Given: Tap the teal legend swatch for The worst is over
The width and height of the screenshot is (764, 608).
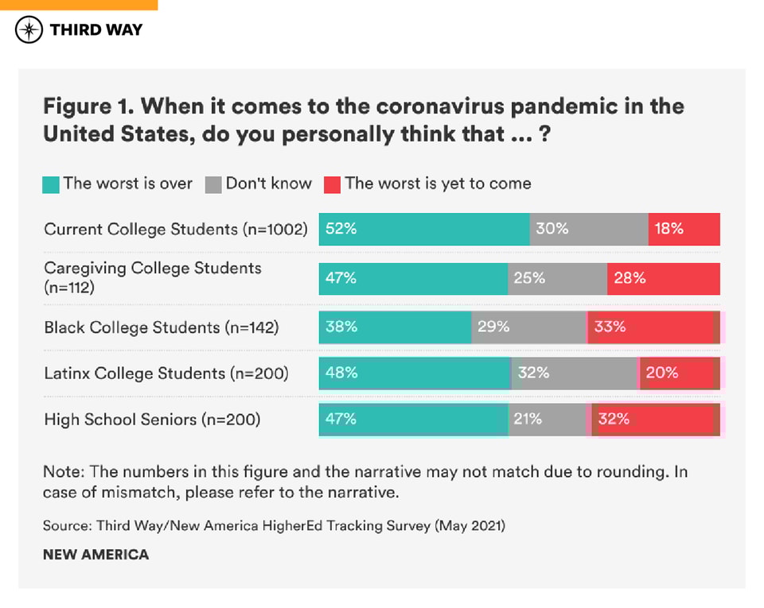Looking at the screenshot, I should coord(52,184).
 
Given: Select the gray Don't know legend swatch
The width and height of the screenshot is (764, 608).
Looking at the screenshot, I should coord(213,184).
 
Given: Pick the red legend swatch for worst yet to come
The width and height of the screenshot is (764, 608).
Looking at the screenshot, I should coord(333,184).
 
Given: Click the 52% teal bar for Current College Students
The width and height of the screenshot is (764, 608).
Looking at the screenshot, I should coord(424,229).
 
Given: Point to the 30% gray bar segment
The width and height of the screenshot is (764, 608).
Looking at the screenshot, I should coord(589,229).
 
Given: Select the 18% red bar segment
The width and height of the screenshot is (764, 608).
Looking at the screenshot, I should coord(684,229).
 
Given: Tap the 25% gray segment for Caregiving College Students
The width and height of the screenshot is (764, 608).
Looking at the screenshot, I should coord(557,279).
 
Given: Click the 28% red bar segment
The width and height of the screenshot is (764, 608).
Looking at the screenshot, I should coord(664,279).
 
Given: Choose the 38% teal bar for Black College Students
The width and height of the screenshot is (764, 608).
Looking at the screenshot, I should coord(395,327).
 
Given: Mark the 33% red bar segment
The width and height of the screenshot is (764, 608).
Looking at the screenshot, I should coord(653,327).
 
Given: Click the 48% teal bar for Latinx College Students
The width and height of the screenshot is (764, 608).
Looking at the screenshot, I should coord(415,373).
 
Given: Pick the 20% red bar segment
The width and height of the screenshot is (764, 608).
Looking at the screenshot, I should coord(680,373).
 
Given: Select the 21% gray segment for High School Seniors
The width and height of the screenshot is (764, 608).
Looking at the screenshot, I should coord(548,420).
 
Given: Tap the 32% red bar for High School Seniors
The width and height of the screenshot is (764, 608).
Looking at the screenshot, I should coord(654,420).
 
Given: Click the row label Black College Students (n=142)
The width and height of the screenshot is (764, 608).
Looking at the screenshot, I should coord(162,327).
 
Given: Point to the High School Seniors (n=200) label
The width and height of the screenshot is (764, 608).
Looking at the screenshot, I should coord(152,420).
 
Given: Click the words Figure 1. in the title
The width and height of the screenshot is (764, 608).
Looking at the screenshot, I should coord(88,106).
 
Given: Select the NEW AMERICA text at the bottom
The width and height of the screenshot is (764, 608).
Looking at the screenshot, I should coord(95,555).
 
